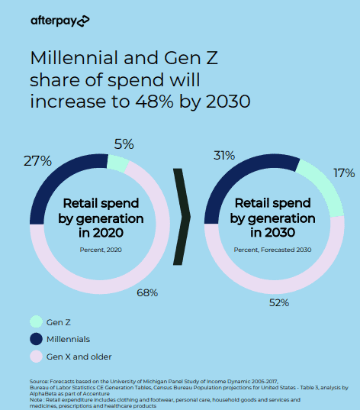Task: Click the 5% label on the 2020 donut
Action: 124,144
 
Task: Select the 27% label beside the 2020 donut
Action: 37,161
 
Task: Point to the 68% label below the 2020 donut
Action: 147,292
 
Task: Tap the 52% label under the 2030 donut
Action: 278,302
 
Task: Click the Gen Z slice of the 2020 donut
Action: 117,162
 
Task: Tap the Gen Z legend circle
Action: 36,322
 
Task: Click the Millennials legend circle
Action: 36,339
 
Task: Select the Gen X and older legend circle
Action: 36,356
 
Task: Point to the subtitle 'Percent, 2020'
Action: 101,250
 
